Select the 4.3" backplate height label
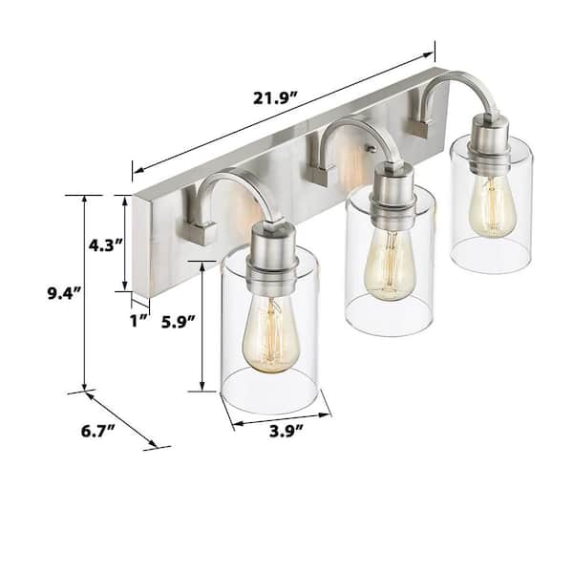click(106, 244)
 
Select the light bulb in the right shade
click(492, 200)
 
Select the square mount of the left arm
click(199, 230)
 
